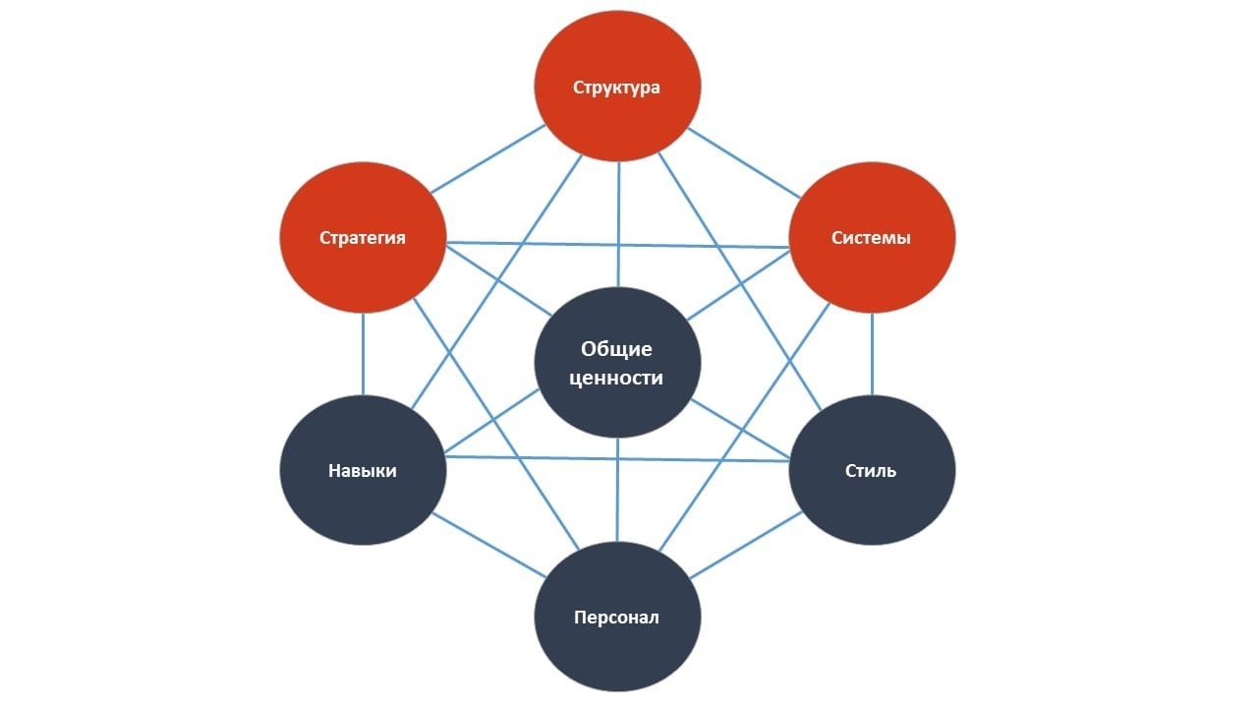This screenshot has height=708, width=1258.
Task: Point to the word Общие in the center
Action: (616, 349)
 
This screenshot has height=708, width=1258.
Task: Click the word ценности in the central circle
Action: (616, 378)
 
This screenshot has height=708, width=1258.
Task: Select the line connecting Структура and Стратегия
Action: (488, 158)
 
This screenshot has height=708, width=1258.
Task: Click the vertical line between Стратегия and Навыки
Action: (363, 354)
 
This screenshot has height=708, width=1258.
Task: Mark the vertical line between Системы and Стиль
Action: (872, 354)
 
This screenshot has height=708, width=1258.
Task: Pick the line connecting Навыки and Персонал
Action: (488, 545)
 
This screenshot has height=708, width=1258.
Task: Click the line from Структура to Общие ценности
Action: (618, 226)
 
